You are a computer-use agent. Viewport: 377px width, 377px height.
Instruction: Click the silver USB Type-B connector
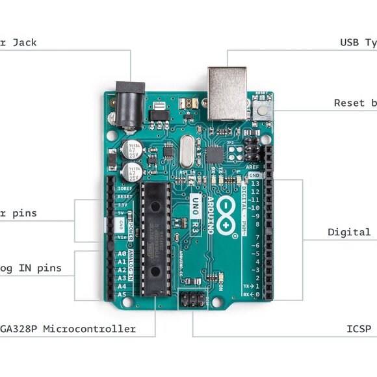click(227, 92)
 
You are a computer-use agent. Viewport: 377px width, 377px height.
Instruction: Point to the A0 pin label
click(122, 254)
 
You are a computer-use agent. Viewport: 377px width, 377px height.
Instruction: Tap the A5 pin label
click(122, 294)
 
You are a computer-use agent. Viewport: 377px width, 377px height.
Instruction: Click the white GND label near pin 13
click(254, 175)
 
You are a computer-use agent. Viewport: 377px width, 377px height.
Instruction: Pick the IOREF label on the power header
click(124, 188)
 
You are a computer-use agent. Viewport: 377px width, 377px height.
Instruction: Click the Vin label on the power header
click(122, 237)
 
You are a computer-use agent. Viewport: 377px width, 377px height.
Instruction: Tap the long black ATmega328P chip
click(155, 237)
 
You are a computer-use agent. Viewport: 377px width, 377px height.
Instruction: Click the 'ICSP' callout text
click(359, 329)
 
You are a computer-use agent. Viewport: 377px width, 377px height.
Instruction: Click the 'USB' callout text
click(349, 43)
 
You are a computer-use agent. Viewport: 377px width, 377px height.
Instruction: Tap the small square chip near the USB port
click(214, 154)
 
